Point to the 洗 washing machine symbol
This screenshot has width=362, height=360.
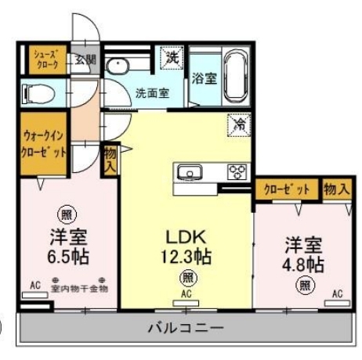coord(171,57)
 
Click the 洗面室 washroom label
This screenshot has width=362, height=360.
coord(152,92)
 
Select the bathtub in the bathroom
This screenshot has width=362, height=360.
coord(235,77)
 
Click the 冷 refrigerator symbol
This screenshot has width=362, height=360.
coord(238,124)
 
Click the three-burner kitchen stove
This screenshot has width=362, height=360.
coord(237,171)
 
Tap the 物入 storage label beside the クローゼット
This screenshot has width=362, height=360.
coord(335,189)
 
